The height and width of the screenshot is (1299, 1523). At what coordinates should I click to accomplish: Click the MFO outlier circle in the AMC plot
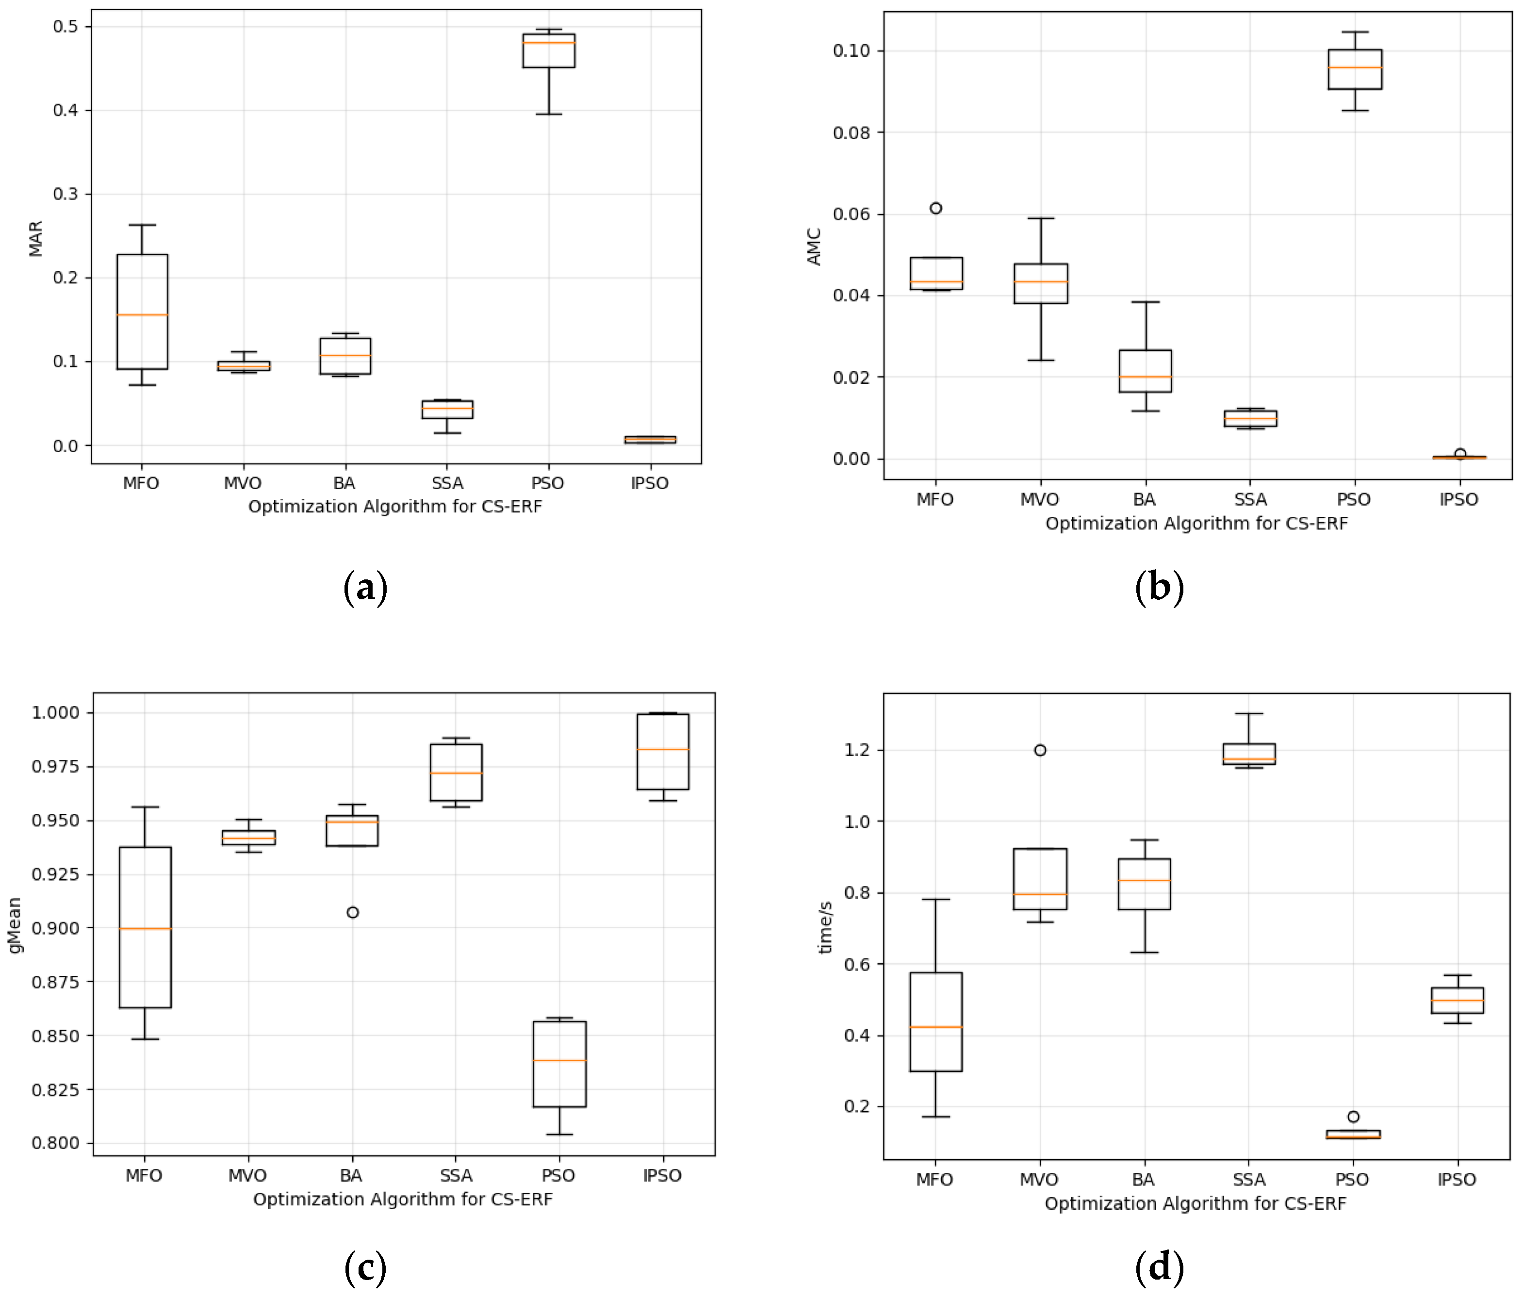tap(936, 208)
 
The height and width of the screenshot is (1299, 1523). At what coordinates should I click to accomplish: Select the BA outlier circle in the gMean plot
tap(353, 912)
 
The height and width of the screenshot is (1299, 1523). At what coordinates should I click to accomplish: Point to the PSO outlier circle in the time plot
tap(1353, 1117)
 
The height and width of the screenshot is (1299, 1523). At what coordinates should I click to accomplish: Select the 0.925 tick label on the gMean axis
tap(55, 874)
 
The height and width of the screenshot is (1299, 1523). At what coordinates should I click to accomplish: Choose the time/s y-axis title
tap(826, 928)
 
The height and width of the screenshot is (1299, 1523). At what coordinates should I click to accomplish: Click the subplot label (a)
tap(365, 588)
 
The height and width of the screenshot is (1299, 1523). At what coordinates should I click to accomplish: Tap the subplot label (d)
tap(1159, 1267)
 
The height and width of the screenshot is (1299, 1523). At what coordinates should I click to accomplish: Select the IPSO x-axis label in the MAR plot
tap(650, 483)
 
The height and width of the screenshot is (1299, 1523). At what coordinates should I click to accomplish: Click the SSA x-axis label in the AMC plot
tap(1250, 500)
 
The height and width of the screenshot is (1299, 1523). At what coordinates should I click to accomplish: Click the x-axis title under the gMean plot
tap(403, 1199)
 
